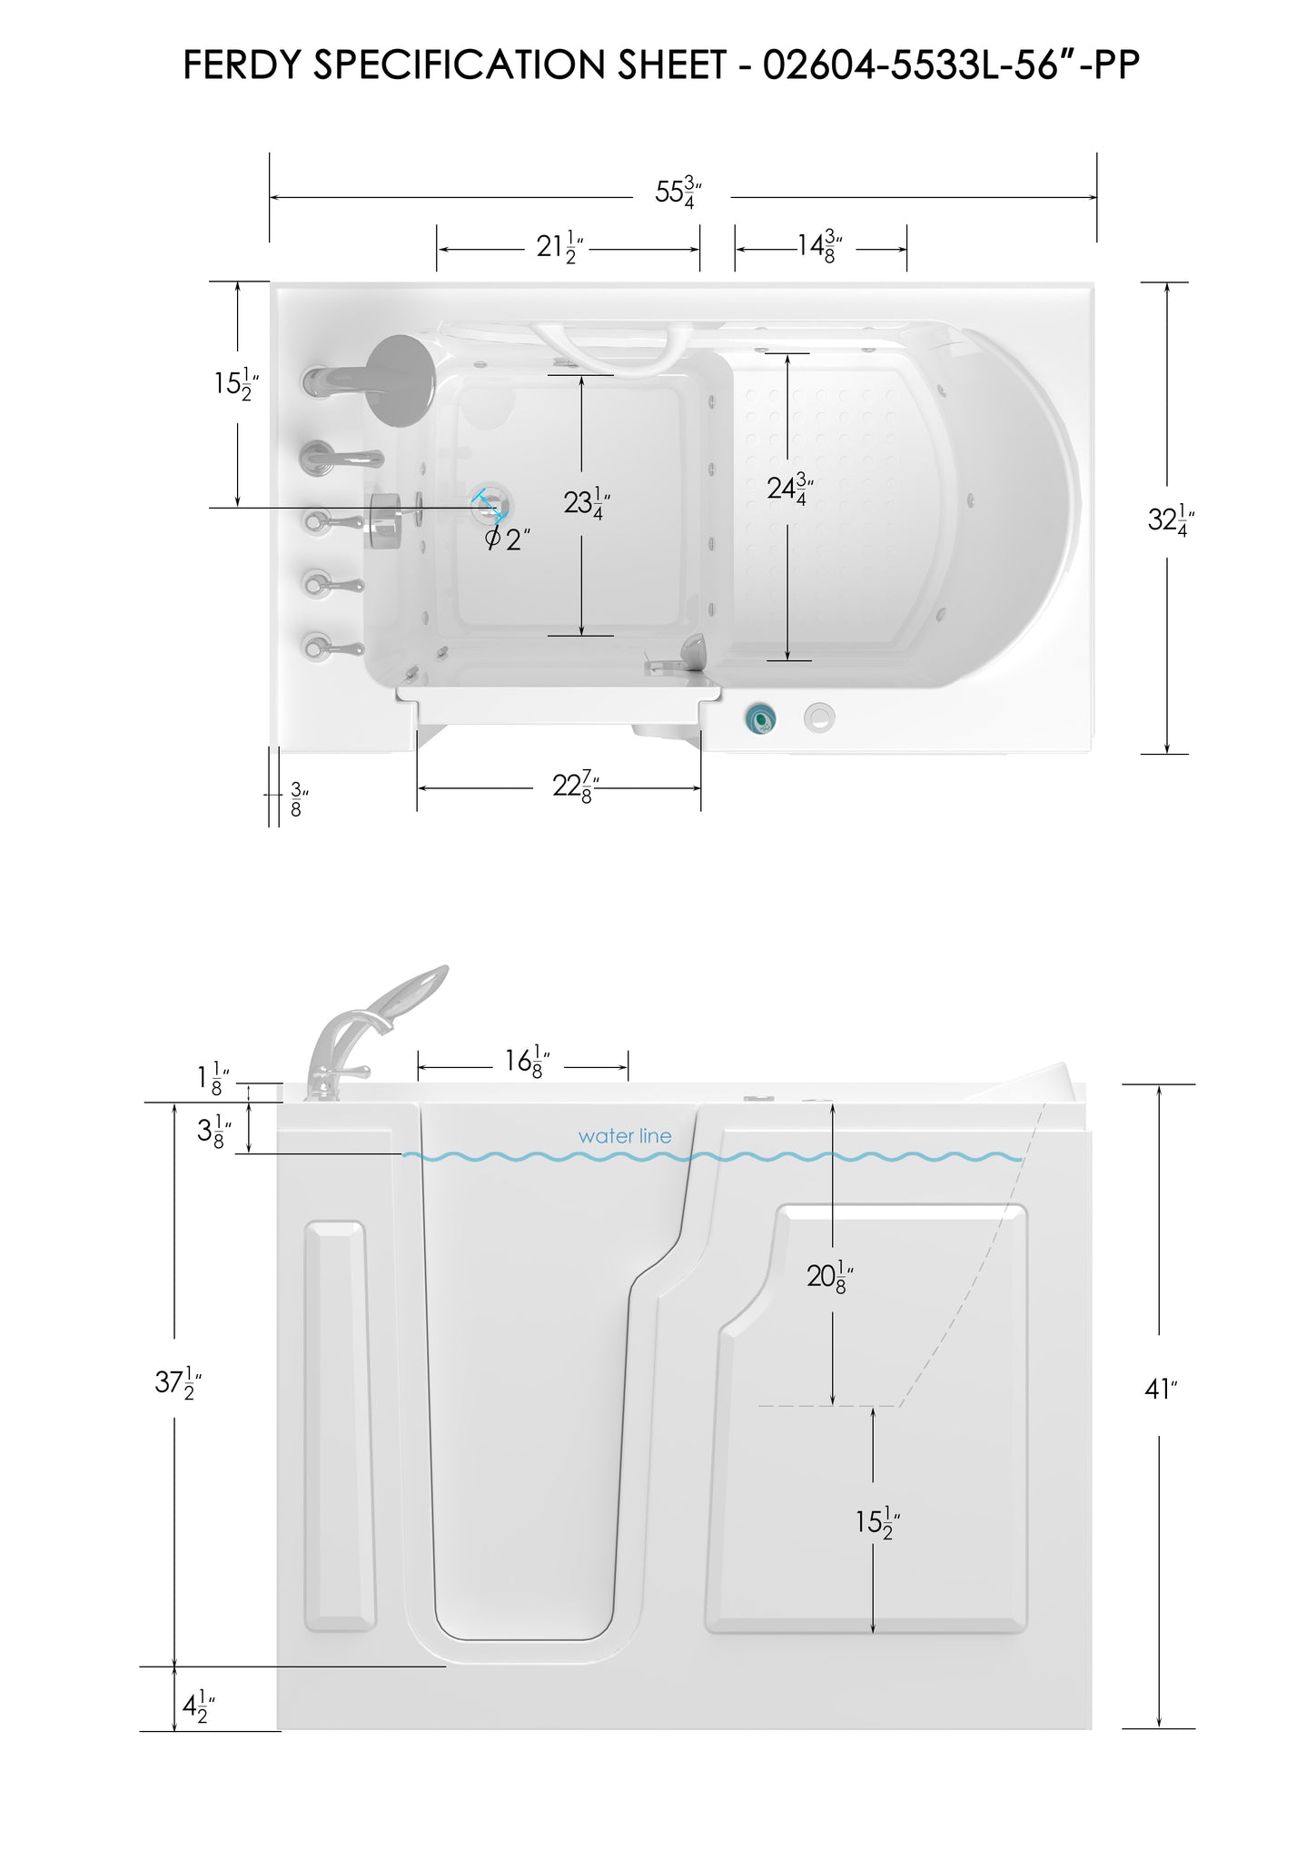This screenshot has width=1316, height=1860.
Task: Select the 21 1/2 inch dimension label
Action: (x=559, y=247)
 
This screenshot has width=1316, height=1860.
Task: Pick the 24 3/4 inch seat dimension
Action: (x=789, y=489)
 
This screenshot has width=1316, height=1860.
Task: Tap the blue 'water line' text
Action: (x=625, y=1136)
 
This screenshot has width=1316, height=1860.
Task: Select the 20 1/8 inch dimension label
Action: (x=830, y=1277)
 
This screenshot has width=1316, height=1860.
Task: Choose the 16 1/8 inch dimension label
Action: (x=529, y=1062)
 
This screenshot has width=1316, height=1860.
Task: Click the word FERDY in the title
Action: (x=237, y=65)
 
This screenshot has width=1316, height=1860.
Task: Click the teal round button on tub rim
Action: (x=760, y=718)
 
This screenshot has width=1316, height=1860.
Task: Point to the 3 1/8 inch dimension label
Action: (x=213, y=1133)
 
